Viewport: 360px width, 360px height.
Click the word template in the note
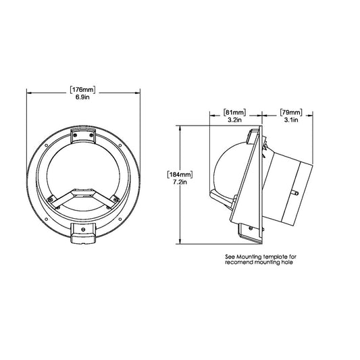(x=277, y=257)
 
